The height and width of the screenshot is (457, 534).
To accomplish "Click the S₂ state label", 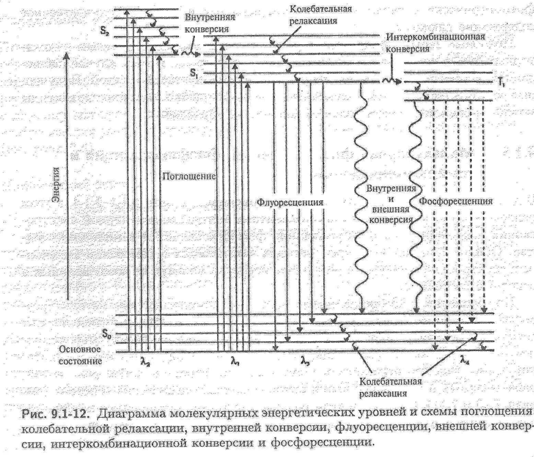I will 105,31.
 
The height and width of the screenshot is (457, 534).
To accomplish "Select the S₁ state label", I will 194,73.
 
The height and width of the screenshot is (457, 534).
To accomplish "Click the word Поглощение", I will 189,176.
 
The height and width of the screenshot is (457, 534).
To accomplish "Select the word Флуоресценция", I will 290,202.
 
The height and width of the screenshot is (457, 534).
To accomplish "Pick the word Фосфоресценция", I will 456,201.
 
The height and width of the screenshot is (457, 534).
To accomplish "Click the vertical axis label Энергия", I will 56,184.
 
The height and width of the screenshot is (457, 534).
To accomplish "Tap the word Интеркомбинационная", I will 436,37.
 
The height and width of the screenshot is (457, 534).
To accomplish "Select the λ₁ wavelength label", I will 235,361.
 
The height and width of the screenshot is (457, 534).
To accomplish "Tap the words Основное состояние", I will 80,355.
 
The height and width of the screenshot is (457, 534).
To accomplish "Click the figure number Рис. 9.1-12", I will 56,414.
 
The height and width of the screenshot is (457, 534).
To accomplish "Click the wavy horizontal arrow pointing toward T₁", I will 391,81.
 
